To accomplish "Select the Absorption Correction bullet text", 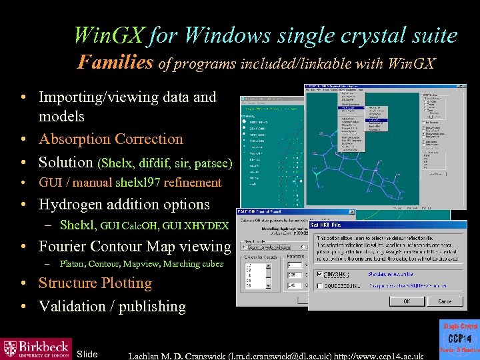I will pyautogui.click(x=111, y=139).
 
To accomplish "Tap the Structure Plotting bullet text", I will pyautogui.click(x=95, y=283).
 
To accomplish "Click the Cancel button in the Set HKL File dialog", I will pyautogui.click(x=444, y=301).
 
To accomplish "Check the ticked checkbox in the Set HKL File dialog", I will pyautogui.click(x=318, y=274).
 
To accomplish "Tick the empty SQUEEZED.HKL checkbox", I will pyautogui.click(x=318, y=287).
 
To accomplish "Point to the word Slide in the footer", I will pyautogui.click(x=87, y=354).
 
